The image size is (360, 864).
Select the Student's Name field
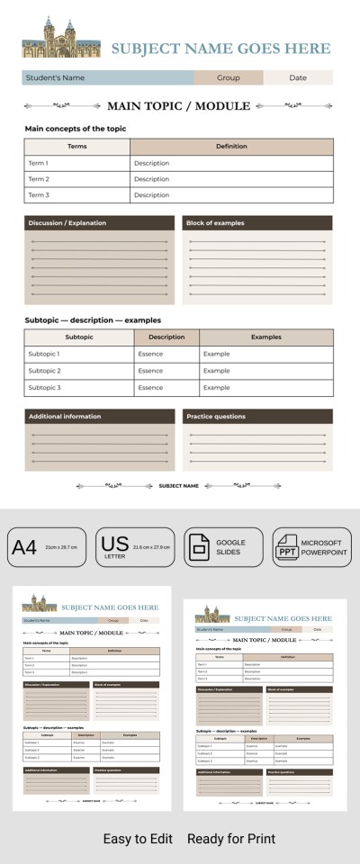[107, 78]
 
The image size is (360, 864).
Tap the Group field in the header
[229, 78]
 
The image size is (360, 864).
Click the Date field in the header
[298, 78]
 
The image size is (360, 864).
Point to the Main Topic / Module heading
[178, 106]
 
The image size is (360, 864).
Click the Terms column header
[77, 147]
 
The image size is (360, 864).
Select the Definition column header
[231, 147]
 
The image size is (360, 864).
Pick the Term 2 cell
[77, 179]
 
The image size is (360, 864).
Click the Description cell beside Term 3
[231, 195]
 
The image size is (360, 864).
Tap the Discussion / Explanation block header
[99, 223]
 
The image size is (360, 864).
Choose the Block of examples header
[257, 223]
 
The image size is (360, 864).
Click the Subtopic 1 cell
[79, 355]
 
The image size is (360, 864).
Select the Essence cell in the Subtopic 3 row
[166, 388]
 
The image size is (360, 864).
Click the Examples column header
[265, 337]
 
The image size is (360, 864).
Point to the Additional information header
[99, 417]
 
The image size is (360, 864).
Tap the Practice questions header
[257, 417]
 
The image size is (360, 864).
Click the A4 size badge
[47, 547]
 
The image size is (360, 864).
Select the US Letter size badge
[135, 547]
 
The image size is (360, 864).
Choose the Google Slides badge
[223, 547]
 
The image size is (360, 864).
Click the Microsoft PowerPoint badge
[311, 547]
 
